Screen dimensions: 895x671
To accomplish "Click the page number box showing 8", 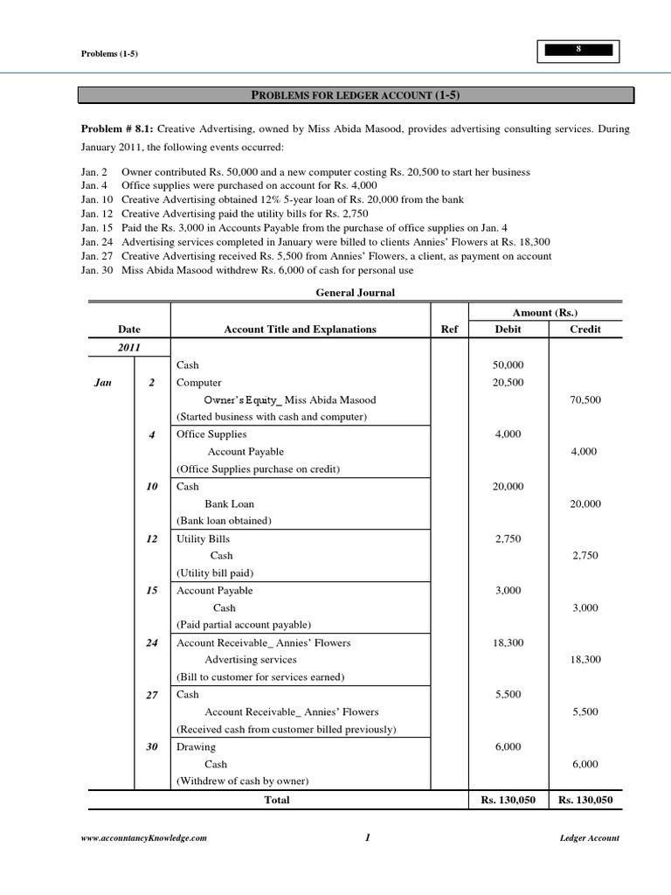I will pos(578,52).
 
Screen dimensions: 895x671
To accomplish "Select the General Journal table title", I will pos(355,293).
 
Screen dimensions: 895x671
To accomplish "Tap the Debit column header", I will pos(508,330).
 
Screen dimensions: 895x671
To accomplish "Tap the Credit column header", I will pos(584,330).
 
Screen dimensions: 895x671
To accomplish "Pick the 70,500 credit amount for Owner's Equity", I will pos(584,399).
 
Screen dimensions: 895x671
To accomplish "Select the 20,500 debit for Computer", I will pos(508,382).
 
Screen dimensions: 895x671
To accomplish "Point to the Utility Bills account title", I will pos(203,538).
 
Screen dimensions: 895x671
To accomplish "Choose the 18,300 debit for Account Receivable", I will pos(508,642).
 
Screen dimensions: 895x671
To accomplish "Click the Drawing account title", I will pos(196,746).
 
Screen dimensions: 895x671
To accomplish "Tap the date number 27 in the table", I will pos(152,695).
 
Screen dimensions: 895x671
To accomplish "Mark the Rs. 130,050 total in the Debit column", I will pos(508,799).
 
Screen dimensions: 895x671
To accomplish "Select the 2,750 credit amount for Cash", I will pos(584,556).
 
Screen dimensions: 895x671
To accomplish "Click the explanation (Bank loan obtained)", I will pos(225,521).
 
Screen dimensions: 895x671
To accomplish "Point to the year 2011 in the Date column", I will pos(129,347).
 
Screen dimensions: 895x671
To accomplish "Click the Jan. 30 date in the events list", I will pos(96,271).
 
